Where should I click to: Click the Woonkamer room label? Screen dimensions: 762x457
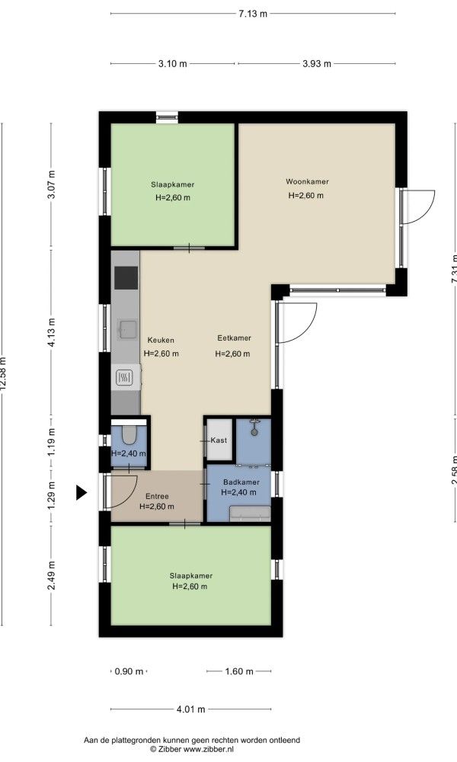click(307, 181)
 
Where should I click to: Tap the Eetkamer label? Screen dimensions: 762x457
click(233, 338)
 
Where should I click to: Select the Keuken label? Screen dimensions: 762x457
click(161, 341)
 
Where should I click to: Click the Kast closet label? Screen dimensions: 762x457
click(220, 440)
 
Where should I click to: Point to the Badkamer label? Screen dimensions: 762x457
click(241, 482)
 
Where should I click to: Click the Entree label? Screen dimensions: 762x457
click(157, 496)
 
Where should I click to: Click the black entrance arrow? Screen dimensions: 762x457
click(81, 494)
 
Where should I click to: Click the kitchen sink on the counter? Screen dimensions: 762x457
click(126, 329)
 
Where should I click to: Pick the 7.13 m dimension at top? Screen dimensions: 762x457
click(253, 13)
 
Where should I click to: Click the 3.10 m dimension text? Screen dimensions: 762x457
click(172, 64)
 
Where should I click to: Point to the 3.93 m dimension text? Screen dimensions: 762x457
click(316, 64)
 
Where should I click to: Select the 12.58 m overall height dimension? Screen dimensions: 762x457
click(4, 373)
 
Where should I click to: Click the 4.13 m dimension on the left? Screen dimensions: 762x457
click(52, 333)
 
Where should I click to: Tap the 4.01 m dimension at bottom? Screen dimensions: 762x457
click(190, 709)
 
